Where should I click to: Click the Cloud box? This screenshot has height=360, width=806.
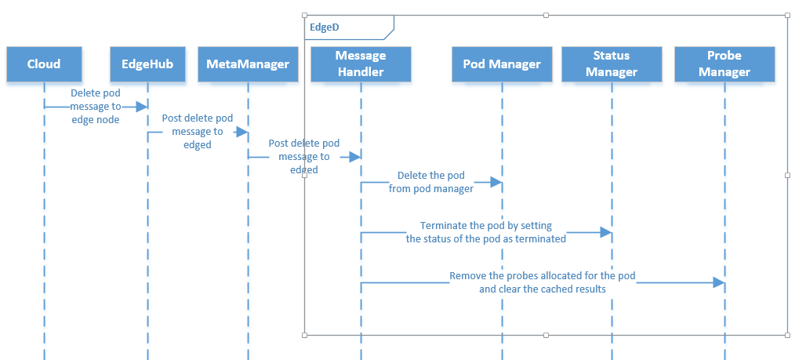click(x=44, y=64)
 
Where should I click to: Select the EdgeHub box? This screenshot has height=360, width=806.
click(x=147, y=64)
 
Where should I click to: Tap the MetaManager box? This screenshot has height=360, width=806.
click(x=248, y=64)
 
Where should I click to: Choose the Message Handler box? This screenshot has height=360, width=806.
click(x=361, y=64)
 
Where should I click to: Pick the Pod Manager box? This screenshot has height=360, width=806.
click(x=502, y=64)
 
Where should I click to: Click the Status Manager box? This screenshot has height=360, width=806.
click(x=612, y=64)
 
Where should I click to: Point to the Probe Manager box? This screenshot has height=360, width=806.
click(x=724, y=64)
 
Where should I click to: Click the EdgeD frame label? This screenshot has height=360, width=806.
click(x=325, y=27)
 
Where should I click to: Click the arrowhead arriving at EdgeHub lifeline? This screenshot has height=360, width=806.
click(x=142, y=106)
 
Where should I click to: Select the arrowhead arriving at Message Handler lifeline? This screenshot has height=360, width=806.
click(x=355, y=157)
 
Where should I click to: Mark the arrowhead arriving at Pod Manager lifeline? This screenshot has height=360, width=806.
click(x=496, y=182)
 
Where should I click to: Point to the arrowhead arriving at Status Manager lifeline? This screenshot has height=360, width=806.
click(x=606, y=232)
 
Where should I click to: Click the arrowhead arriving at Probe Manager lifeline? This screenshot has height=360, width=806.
click(x=719, y=282)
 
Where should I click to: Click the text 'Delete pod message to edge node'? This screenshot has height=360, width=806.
click(x=96, y=106)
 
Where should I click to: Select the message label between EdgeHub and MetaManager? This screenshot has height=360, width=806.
click(x=198, y=131)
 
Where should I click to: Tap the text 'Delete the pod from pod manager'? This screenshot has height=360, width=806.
click(x=431, y=182)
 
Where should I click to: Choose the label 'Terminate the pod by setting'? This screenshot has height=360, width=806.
click(x=486, y=225)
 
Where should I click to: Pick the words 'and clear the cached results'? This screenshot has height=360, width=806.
click(x=543, y=289)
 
